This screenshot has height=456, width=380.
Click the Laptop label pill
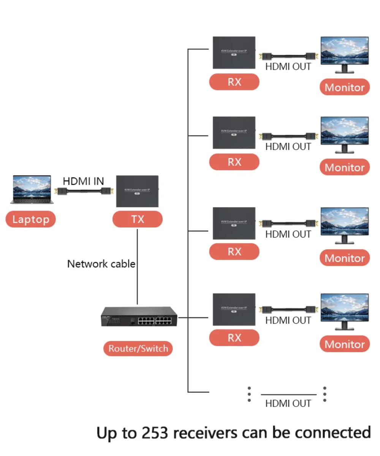30,219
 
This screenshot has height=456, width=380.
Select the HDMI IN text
83,181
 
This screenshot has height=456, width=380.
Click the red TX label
138,219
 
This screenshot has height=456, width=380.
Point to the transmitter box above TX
137,191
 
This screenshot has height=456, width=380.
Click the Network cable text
101,264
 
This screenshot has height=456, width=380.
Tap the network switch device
139,316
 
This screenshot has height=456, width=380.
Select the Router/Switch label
138,348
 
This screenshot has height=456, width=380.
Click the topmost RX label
234,82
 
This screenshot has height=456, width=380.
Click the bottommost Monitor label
344,344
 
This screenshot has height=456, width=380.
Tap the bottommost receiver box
234,309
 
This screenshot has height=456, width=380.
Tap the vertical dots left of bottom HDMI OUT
249,394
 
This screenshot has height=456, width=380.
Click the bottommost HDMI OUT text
288,404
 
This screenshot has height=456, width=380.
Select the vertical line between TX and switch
137,266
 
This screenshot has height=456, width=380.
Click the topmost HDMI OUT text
288,66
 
